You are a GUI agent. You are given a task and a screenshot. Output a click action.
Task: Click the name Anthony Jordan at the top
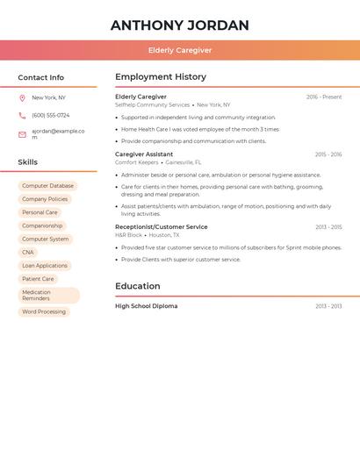[180, 25]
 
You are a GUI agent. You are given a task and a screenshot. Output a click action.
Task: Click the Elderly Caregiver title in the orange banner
[180, 50]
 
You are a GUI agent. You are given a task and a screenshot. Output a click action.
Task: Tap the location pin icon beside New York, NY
[22, 97]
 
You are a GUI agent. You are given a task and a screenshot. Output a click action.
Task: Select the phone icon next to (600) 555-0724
[22, 115]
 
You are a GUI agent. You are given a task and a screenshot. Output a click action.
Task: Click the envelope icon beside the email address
[22, 134]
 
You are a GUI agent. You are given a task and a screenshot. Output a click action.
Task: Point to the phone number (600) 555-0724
[50, 115]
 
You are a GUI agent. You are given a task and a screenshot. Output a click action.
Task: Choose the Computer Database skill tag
[47, 186]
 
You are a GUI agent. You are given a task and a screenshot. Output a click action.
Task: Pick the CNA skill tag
[28, 252]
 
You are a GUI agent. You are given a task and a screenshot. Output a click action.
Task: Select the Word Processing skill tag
[44, 311]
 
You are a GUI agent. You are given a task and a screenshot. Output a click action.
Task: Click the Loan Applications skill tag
[45, 265]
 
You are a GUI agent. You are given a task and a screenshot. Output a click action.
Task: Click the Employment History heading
[161, 77]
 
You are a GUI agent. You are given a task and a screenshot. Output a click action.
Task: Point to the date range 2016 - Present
[324, 97]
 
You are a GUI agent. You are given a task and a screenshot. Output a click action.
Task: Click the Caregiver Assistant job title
[144, 154]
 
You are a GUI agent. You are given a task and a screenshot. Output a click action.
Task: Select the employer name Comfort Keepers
[136, 162]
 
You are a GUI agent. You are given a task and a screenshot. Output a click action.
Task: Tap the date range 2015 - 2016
[328, 154]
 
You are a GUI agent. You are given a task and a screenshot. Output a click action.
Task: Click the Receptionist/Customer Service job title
[162, 227]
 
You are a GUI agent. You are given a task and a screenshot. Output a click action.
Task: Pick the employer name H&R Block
[128, 235]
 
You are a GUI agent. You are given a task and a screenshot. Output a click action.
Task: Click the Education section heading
[138, 286]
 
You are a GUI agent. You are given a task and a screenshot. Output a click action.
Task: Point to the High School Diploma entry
[146, 306]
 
